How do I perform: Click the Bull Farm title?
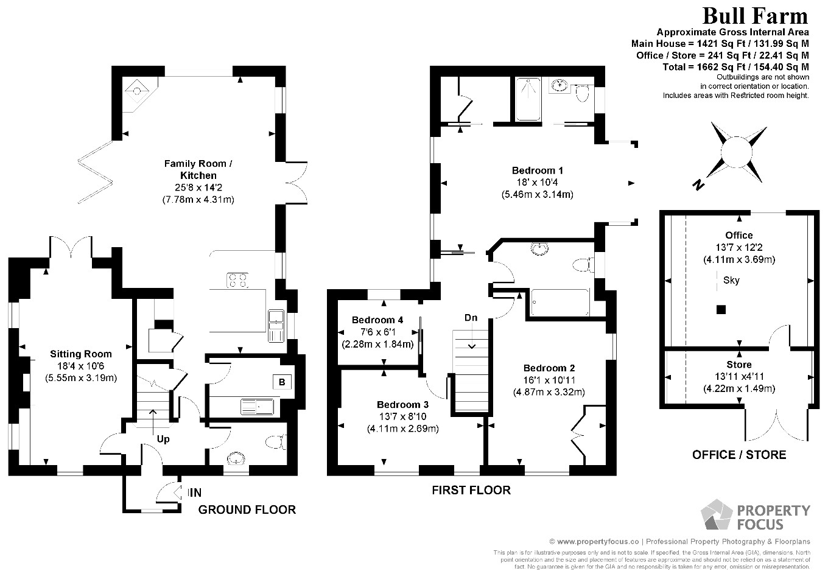756,16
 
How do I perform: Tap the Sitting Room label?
81,354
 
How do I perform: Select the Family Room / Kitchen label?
198,169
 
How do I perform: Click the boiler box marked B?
281,382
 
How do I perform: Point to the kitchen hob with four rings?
237,280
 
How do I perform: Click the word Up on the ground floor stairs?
163,439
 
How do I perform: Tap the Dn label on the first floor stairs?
471,318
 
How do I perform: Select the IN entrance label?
195,492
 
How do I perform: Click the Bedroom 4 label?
377,320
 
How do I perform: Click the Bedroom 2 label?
549,368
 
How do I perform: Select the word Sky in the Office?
731,281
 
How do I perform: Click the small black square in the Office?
721,309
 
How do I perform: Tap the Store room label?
739,365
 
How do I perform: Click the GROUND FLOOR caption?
247,510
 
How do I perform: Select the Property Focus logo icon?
717,516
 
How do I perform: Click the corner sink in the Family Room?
138,91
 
